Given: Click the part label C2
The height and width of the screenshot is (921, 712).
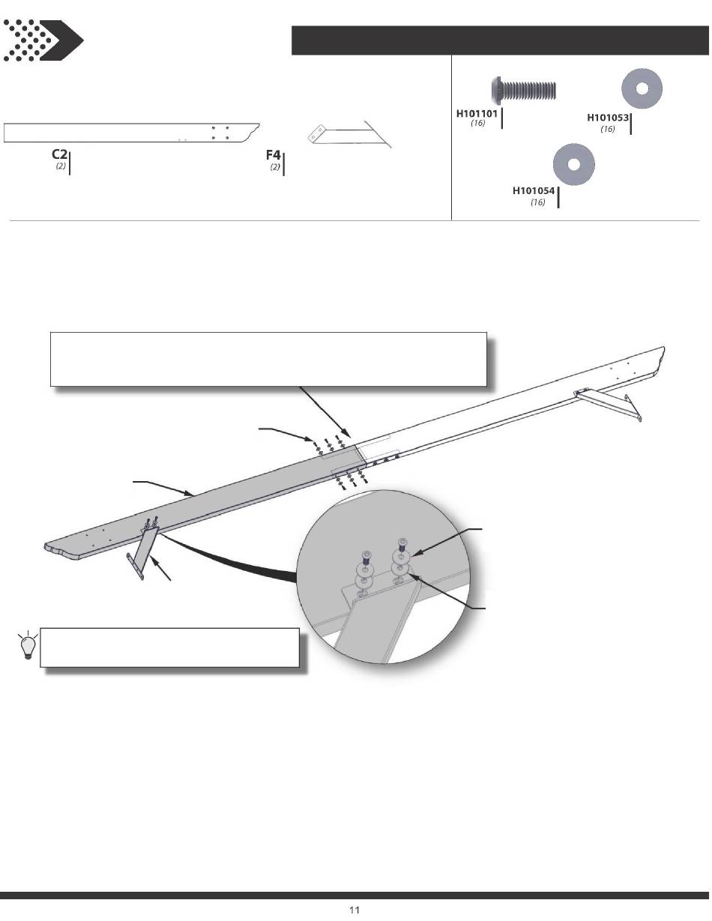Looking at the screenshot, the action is (59, 154).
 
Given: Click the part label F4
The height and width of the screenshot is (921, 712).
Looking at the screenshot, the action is (274, 155).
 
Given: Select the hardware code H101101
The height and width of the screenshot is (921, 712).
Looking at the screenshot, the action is (477, 114).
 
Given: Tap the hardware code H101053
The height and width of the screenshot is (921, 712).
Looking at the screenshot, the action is (607, 118).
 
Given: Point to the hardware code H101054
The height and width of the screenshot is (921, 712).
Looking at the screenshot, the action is (534, 191).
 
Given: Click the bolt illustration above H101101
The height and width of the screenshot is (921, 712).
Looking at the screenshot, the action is (524, 90).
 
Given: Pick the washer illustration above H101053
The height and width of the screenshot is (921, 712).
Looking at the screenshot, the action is (642, 88).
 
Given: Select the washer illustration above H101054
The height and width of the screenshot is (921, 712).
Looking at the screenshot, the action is (574, 164).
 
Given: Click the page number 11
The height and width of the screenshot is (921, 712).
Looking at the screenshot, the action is (355, 910).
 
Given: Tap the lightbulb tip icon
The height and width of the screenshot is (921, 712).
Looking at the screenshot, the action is (28, 644).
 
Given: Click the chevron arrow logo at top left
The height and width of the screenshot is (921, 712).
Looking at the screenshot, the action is (43, 40).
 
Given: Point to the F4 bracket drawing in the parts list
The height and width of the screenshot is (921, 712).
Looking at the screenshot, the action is (349, 134).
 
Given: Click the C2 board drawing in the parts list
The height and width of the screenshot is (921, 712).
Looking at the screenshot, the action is (131, 133).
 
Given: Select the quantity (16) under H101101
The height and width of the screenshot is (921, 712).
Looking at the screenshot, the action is (477, 124).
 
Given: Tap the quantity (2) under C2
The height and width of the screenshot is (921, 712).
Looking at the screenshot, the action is (61, 166).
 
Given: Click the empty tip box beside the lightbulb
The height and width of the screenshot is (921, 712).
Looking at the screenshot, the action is (169, 647).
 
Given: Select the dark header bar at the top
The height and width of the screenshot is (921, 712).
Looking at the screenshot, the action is (500, 40).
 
